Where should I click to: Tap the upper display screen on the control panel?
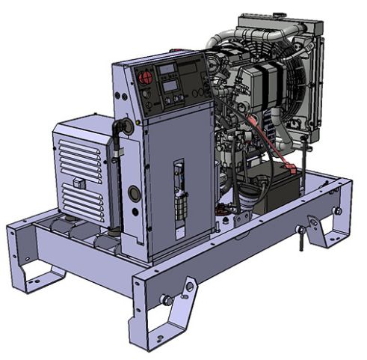point(168,70)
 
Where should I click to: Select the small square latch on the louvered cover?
point(78,183)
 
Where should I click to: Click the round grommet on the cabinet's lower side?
point(134,194)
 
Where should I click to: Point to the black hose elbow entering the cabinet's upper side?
point(119,132)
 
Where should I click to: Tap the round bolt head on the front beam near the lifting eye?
point(167,300)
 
